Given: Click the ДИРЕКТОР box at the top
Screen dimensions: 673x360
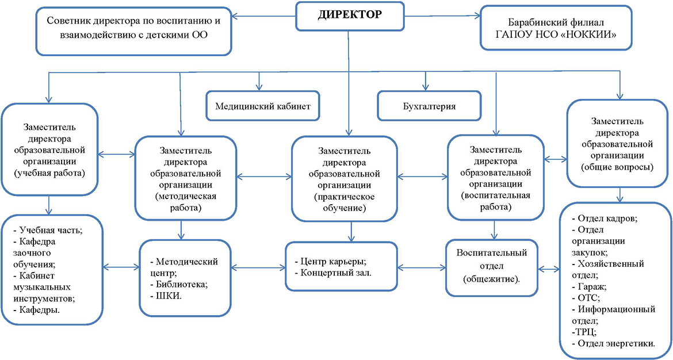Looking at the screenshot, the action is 349,16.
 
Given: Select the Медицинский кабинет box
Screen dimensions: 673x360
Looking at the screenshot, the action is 263,106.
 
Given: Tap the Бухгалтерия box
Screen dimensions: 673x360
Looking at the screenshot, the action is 429,106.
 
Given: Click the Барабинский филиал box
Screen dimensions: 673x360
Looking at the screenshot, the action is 556,28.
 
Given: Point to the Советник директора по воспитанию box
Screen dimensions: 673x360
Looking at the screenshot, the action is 134,31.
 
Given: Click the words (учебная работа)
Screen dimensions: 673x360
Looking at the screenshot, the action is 49,174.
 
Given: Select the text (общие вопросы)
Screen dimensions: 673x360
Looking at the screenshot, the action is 618,167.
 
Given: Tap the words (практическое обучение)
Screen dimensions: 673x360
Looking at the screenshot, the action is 345,202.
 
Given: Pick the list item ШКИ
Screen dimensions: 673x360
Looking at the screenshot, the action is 166,296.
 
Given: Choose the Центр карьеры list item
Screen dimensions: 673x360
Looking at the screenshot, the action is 331,261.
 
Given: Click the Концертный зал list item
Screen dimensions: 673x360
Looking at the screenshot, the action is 333,273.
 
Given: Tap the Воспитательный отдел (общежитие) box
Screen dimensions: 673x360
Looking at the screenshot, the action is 492,268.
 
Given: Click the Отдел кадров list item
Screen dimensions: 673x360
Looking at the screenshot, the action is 605,218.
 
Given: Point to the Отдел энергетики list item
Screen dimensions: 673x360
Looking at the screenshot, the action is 614,343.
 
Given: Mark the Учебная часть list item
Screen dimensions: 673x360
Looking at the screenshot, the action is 48,230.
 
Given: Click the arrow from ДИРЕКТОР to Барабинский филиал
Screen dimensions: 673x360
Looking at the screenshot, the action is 442,16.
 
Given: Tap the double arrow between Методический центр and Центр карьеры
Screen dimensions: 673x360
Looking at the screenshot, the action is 258,268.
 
